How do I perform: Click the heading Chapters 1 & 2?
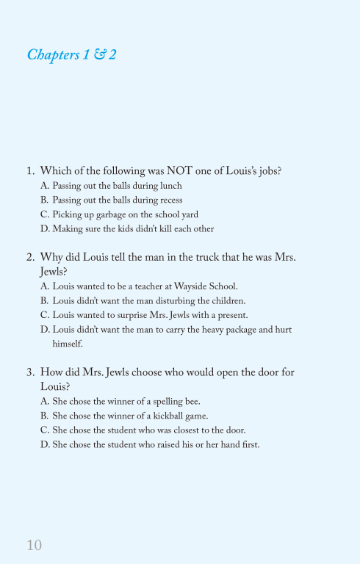click(71, 55)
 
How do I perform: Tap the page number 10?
click(34, 545)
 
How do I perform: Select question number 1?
click(30, 170)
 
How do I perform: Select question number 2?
click(30, 257)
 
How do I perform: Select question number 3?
click(30, 372)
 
